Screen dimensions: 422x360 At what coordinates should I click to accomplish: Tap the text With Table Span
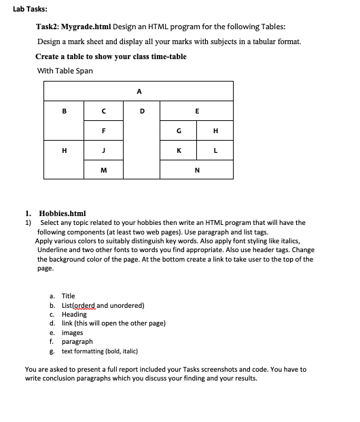[x=65, y=71]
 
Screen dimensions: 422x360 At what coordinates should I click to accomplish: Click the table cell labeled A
[x=139, y=90]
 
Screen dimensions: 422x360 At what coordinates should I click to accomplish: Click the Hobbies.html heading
[x=62, y=213]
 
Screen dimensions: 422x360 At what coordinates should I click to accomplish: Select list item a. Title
[x=68, y=296]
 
